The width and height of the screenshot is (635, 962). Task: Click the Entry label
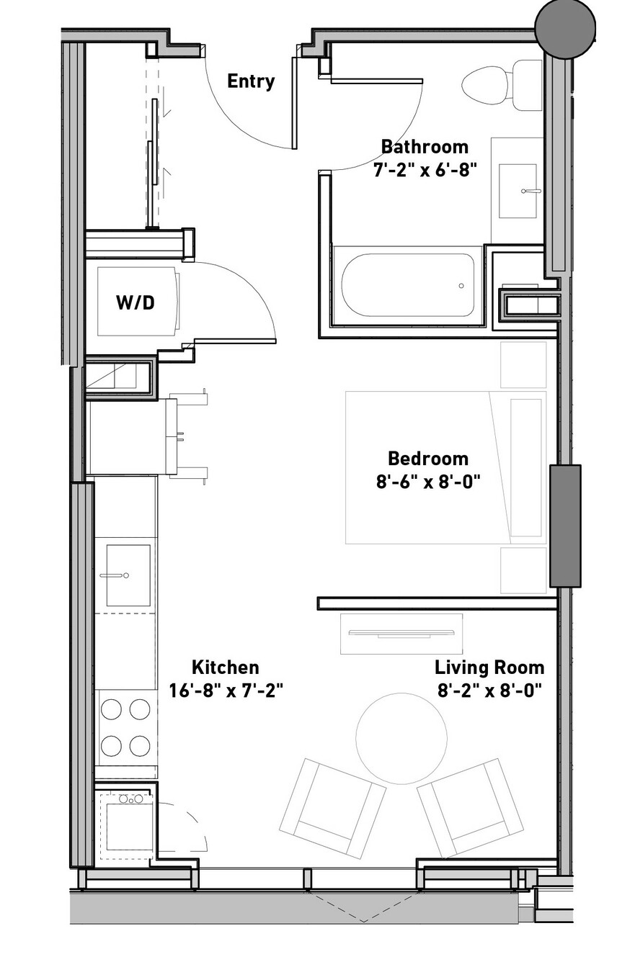pos(251,81)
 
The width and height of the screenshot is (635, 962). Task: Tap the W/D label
pos(136,302)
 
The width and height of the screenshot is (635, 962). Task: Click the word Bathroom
pos(425,147)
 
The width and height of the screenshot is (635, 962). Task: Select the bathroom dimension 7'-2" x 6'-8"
pos(425,171)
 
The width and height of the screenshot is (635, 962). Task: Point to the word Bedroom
pos(428,459)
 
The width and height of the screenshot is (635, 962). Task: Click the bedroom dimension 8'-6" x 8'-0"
pos(428,482)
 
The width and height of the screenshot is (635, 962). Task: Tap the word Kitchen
pos(226,667)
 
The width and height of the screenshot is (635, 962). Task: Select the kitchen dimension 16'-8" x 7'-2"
pos(226,691)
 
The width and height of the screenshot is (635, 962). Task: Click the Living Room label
pos(489,667)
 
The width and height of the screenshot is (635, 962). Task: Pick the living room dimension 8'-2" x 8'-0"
pos(489,691)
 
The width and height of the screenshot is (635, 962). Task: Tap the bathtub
pos(407,284)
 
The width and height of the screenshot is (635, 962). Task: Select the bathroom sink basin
pos(518,191)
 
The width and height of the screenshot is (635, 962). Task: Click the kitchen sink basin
pos(128,575)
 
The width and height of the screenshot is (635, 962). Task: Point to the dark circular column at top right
pos(565,29)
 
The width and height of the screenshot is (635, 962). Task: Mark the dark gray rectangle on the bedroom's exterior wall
pos(565,526)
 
